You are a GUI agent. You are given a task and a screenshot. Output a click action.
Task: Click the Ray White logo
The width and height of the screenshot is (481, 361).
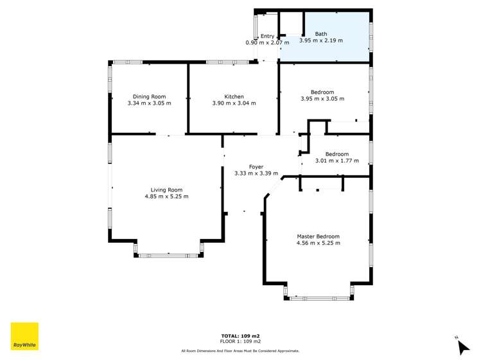24,336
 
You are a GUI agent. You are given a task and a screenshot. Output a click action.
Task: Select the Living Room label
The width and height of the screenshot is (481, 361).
166,190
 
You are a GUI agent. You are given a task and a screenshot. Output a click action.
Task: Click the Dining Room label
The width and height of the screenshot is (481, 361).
149,96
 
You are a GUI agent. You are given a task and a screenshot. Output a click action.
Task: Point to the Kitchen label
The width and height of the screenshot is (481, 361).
234,96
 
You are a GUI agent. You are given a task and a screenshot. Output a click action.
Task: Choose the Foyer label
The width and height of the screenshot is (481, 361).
247,166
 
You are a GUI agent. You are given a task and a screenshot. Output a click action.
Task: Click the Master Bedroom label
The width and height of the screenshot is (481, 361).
318,236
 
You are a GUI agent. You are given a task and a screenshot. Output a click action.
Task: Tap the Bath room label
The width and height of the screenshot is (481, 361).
320,33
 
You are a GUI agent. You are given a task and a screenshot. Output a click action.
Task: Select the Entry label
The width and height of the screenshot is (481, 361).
267,36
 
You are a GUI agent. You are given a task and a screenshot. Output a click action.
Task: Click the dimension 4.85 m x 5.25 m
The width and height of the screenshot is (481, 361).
166,197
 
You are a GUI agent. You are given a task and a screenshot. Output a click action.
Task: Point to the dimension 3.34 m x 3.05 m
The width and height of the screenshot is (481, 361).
149,103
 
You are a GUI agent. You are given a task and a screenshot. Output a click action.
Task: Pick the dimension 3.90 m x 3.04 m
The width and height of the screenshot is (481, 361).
234,103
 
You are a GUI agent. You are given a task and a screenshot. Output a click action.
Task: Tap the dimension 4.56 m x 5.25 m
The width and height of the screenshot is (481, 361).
318,243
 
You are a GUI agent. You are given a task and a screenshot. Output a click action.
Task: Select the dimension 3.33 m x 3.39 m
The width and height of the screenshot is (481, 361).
247,173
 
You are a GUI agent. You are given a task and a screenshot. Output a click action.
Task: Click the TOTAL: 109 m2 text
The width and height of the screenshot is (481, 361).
240,336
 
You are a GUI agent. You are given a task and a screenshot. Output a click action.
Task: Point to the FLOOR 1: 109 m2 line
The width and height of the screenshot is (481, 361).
240,342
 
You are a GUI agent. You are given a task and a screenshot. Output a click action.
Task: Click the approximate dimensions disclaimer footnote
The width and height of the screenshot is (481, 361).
240,351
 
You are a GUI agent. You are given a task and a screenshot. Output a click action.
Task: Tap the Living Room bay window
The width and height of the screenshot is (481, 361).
170,255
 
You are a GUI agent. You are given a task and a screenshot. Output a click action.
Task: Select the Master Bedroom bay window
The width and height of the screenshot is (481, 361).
319,298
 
